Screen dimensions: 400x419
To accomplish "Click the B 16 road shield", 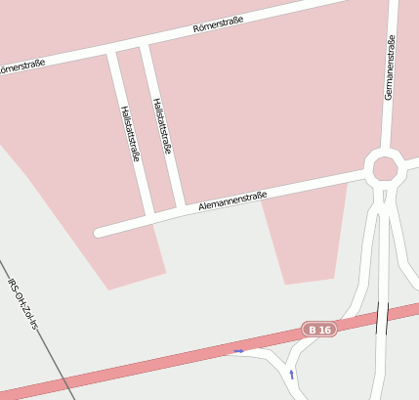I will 319,330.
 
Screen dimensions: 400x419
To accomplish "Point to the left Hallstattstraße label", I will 129,133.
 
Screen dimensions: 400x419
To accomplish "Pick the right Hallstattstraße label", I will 162,126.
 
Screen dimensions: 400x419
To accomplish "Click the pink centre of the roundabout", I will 385,168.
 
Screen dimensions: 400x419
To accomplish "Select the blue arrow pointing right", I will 239,350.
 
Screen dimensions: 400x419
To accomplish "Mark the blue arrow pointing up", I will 291,374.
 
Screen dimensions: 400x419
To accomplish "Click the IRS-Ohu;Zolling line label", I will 21,304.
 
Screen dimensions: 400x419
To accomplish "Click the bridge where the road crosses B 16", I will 382,317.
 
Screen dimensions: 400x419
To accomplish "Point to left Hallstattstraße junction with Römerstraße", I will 112,52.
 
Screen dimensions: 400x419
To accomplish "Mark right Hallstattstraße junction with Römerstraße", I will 146,45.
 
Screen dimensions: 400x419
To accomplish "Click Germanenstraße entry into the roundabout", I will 388,150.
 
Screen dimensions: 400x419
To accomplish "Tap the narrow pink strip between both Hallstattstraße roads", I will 146,127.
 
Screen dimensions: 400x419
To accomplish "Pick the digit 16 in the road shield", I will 325,330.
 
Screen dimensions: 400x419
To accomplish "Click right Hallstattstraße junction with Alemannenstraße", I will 182,206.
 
